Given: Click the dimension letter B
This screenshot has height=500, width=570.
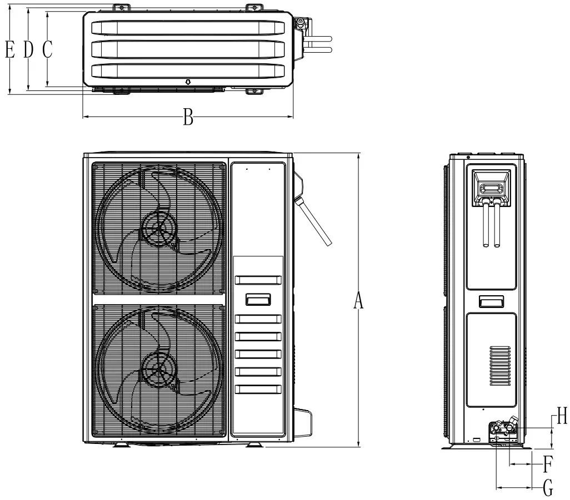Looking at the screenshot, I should tap(188, 118).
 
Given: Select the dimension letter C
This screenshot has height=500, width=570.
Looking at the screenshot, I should tap(47, 50).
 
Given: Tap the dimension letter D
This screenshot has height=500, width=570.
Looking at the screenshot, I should tap(28, 50).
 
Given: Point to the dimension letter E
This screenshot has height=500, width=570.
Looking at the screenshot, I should tap(9, 50).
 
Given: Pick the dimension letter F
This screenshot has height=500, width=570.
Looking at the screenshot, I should tap(547, 462).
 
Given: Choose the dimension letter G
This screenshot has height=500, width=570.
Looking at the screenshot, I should tap(547, 488).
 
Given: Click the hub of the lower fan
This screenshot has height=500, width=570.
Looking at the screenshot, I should tap(160, 369).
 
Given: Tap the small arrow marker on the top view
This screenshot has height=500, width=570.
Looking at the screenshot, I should tap(188, 82).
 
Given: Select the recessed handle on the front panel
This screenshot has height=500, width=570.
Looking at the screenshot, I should tap(258, 300).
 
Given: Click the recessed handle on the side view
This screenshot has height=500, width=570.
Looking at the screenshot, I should tap(491, 301).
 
